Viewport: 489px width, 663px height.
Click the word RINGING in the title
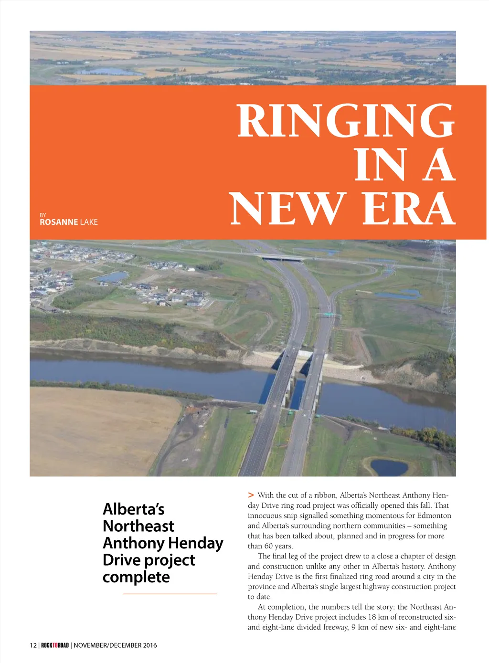346,120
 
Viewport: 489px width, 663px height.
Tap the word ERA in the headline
408,209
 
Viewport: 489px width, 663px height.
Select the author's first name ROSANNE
59,222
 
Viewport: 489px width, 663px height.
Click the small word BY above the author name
43,215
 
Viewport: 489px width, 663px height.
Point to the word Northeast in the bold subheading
138,526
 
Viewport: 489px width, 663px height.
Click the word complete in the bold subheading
136,577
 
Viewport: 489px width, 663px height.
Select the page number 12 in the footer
33,645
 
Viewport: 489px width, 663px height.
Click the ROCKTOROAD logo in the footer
55,645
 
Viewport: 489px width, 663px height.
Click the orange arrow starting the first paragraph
251,495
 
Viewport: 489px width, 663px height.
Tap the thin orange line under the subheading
170,594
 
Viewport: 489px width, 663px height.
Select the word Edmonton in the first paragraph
434,516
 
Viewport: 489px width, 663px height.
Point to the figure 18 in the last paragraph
372,617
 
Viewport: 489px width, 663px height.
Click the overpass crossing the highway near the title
283,258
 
